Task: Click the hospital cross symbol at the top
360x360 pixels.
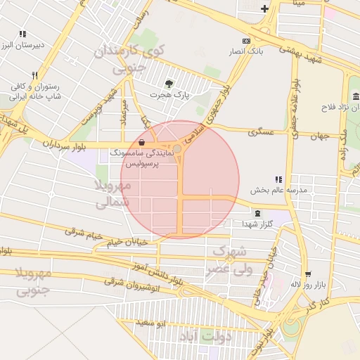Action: point(264,8)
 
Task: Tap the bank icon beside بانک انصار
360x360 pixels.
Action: point(245,41)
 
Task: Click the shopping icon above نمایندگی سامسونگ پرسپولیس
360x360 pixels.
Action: point(143,141)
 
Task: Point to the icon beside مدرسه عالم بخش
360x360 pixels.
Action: point(279,180)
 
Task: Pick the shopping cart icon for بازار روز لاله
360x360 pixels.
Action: point(307,274)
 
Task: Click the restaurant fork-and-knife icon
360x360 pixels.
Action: point(34,75)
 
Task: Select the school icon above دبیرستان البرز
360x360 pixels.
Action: point(22,34)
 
